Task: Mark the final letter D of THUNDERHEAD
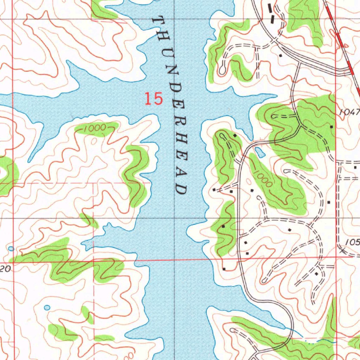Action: (x=181, y=189)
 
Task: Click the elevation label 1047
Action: (x=350, y=112)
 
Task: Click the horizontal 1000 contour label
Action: (x=95, y=129)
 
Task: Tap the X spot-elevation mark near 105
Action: (x=343, y=251)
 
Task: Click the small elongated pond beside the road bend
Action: (x=260, y=152)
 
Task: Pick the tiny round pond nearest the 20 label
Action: (x=11, y=249)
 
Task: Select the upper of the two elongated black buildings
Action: (x=270, y=7)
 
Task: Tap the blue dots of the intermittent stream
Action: (x=309, y=341)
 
